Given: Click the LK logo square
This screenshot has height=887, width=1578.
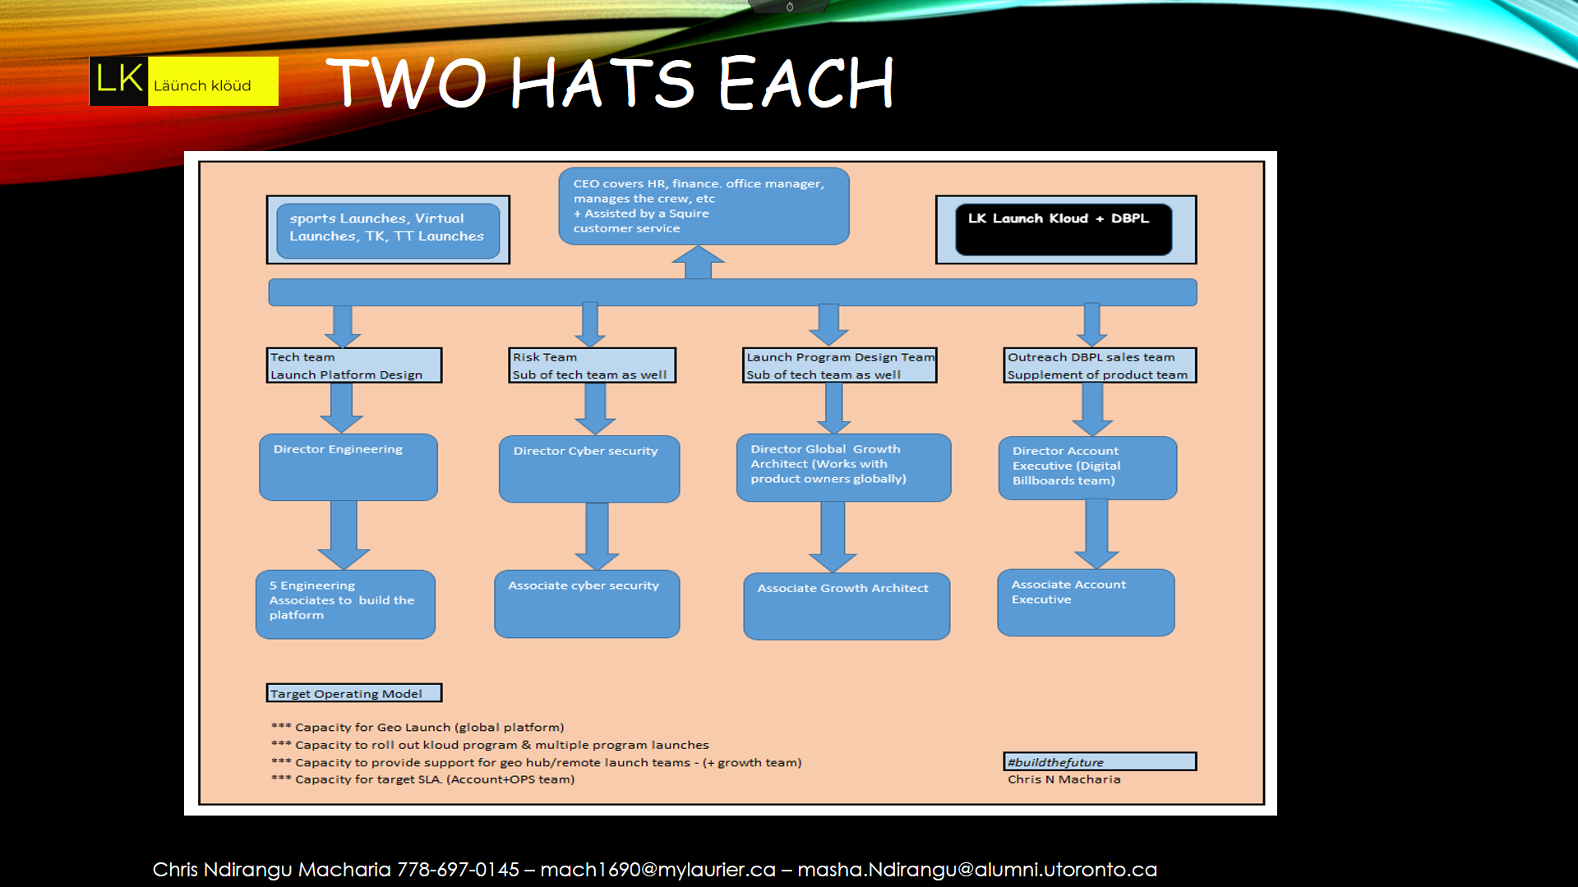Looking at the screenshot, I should click(x=118, y=81).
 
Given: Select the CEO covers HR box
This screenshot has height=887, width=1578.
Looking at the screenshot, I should click(x=704, y=206).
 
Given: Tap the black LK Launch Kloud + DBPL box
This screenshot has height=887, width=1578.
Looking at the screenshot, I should click(x=1064, y=229).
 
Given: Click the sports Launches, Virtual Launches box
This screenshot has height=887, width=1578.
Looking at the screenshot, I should click(x=388, y=230).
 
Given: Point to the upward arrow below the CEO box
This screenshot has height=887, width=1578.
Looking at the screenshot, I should click(x=698, y=263).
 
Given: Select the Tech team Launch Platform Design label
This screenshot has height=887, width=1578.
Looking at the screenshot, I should click(x=354, y=365).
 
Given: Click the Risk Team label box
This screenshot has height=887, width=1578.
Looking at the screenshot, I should click(x=593, y=365).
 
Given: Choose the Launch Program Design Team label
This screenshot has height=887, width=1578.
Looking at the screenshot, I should click(x=840, y=365).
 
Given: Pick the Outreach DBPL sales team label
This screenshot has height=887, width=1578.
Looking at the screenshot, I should click(x=1100, y=365).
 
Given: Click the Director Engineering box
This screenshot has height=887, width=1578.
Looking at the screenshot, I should click(x=348, y=467).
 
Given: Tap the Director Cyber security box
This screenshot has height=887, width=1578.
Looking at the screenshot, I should click(x=589, y=469).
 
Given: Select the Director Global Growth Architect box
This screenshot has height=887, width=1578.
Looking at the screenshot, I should click(x=844, y=467).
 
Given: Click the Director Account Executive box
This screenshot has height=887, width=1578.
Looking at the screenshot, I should click(x=1087, y=468).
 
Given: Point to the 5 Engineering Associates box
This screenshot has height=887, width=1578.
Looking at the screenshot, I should click(x=345, y=604).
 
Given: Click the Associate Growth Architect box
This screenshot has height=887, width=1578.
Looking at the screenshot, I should click(x=847, y=606).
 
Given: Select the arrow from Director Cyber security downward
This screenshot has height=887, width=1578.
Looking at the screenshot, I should click(x=597, y=535).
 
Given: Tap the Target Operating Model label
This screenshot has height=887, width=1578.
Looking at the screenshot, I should click(x=353, y=693).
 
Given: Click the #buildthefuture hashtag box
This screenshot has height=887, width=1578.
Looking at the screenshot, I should click(x=1100, y=762).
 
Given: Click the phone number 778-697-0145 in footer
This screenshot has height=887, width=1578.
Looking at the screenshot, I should click(x=458, y=870).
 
